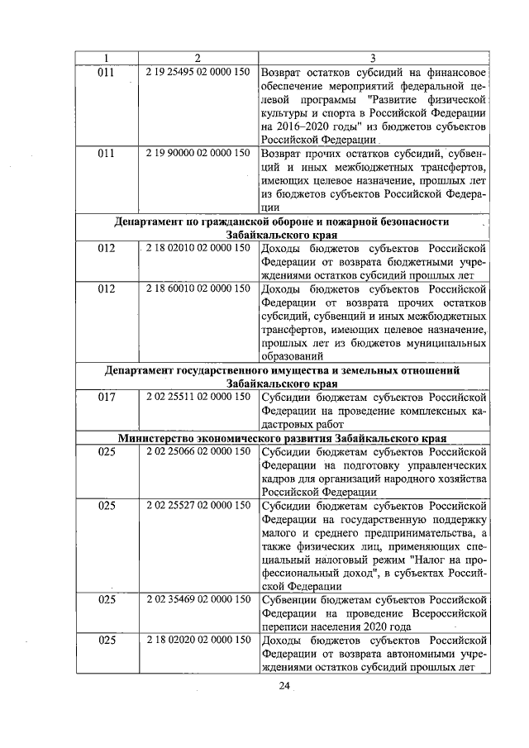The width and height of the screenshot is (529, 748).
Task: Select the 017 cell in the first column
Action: click(106, 397)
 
